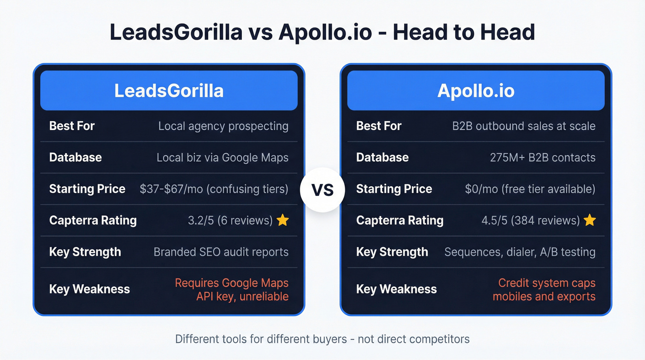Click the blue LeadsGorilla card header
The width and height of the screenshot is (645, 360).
169,90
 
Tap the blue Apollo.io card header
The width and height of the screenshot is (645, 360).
475,90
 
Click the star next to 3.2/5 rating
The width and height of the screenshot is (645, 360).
282,220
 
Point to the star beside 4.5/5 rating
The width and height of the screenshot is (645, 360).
589,220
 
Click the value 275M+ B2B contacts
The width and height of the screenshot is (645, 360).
542,157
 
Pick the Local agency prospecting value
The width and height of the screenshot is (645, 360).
223,126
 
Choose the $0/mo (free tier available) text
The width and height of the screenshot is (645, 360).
530,189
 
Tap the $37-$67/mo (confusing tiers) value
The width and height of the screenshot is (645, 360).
214,189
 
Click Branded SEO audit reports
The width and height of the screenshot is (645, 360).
221,252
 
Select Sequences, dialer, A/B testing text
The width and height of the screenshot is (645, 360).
520,252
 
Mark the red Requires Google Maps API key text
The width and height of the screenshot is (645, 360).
231,289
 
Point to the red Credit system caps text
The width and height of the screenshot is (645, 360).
546,283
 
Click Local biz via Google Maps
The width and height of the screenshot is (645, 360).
222,157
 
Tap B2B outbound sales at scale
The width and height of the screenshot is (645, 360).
523,126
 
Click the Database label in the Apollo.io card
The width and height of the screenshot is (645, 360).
382,157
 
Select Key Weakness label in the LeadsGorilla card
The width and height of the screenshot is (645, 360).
89,289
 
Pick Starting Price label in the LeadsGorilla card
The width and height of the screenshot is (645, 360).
87,189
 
